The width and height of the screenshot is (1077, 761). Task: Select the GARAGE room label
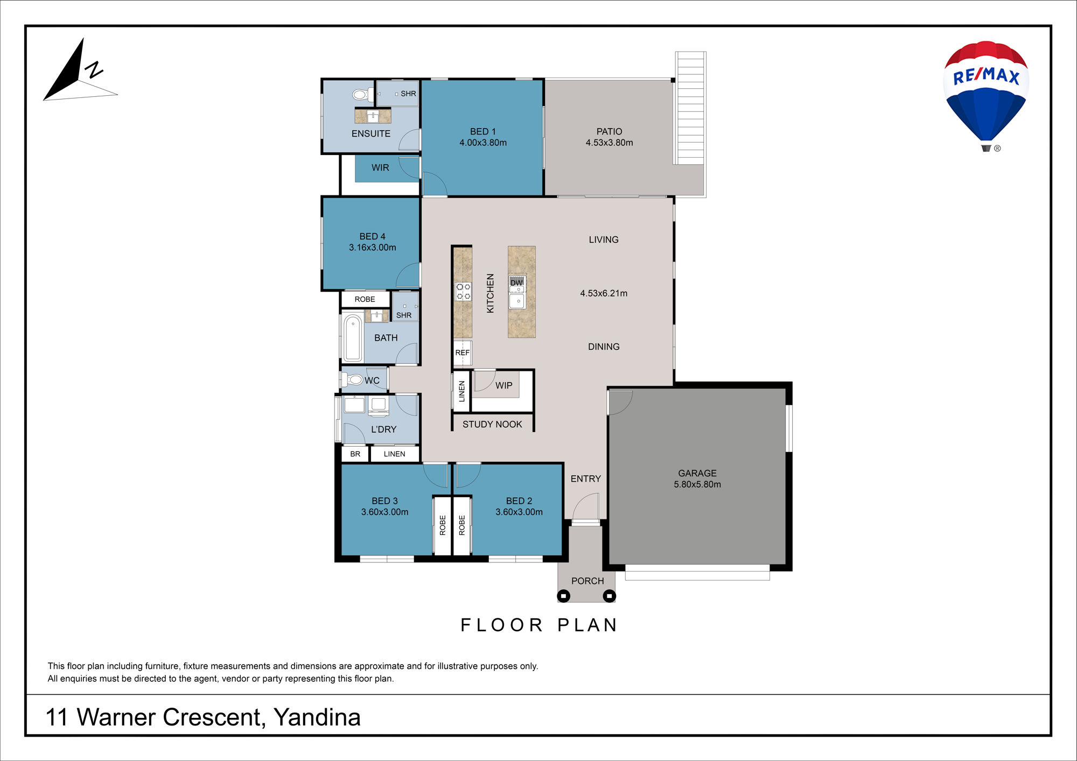click(x=697, y=473)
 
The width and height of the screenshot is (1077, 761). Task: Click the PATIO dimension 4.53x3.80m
click(x=610, y=143)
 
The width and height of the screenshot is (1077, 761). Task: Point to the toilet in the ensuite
click(x=362, y=95)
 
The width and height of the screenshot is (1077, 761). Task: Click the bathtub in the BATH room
click(x=353, y=337)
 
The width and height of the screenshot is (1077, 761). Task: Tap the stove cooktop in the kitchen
click(x=463, y=291)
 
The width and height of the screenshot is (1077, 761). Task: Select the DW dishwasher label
click(x=516, y=283)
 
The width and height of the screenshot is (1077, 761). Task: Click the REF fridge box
click(x=463, y=353)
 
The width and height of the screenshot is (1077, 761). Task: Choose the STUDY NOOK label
click(x=492, y=424)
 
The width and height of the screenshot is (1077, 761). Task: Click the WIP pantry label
click(x=504, y=385)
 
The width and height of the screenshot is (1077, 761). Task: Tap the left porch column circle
click(x=564, y=596)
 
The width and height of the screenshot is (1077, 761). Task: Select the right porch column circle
click(x=609, y=596)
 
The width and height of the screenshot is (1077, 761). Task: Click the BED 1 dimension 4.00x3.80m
click(x=483, y=143)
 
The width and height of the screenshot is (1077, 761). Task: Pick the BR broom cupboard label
click(x=355, y=454)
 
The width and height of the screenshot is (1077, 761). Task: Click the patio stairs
click(x=690, y=108)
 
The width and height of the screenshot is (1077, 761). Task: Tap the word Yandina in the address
click(x=317, y=717)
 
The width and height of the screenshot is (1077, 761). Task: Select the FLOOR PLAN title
click(x=539, y=625)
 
